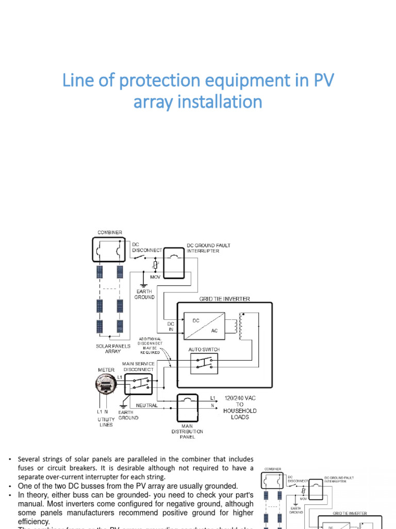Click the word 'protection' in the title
click(155, 81)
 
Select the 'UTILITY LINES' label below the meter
click(105, 423)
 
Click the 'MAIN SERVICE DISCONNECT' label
click(138, 366)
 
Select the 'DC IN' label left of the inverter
click(171, 326)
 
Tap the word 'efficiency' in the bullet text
click(34, 522)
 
